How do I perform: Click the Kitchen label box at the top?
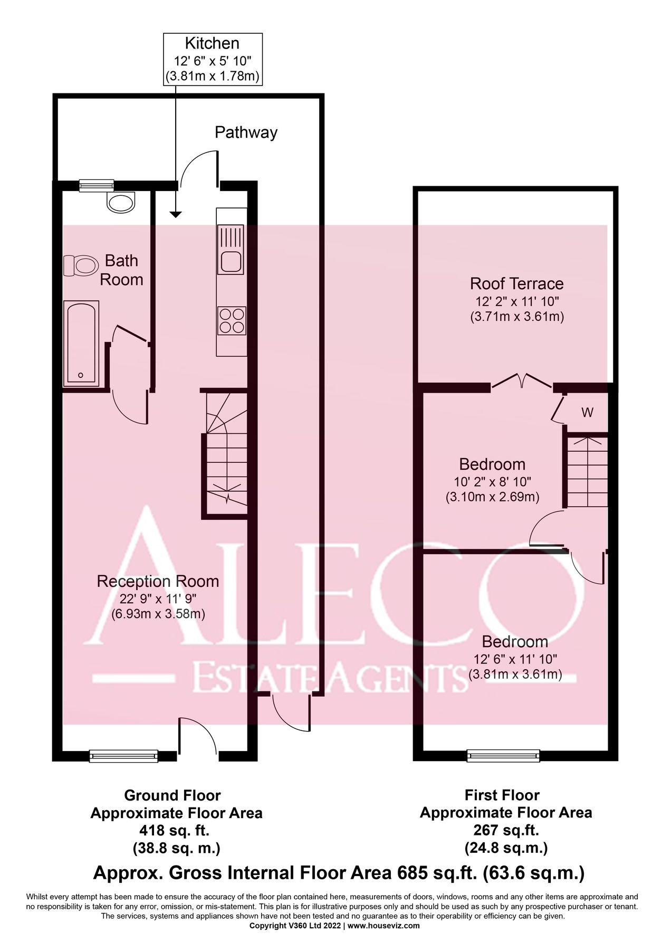pos(212,59)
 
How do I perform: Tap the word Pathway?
pos(246,132)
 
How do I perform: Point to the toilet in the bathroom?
pos(80,265)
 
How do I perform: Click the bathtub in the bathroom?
pos(81,343)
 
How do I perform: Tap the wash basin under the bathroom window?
pos(121,201)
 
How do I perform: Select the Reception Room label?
pos(158,582)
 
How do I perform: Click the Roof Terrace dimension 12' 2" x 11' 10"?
pos(516,302)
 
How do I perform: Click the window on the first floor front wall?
pos(504,756)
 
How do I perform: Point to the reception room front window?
pos(124,756)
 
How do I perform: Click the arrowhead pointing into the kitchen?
pos(176,214)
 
